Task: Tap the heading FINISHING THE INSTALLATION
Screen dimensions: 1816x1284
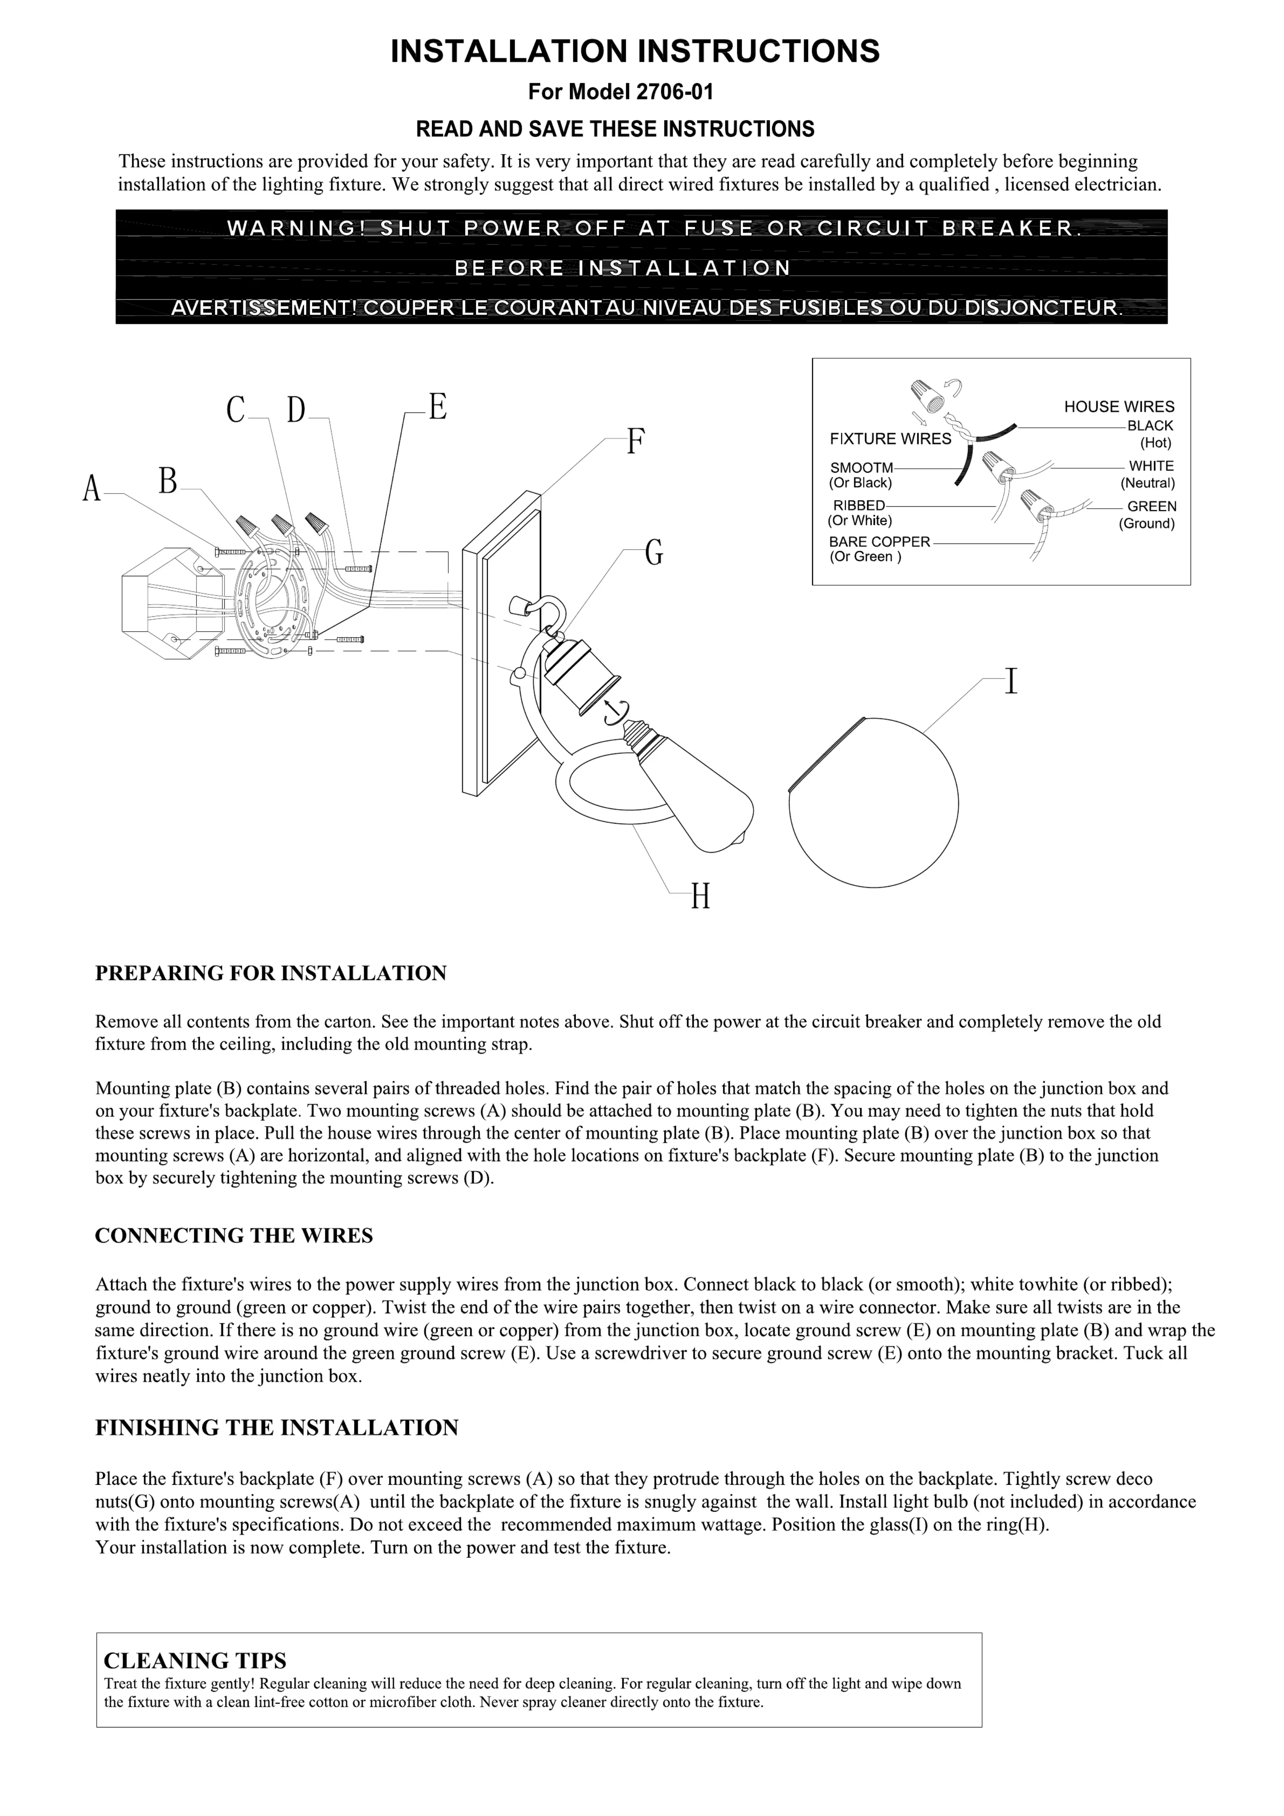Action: (277, 1428)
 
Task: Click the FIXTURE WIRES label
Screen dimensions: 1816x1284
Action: (890, 439)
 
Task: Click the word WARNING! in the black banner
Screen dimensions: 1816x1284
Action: (296, 228)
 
